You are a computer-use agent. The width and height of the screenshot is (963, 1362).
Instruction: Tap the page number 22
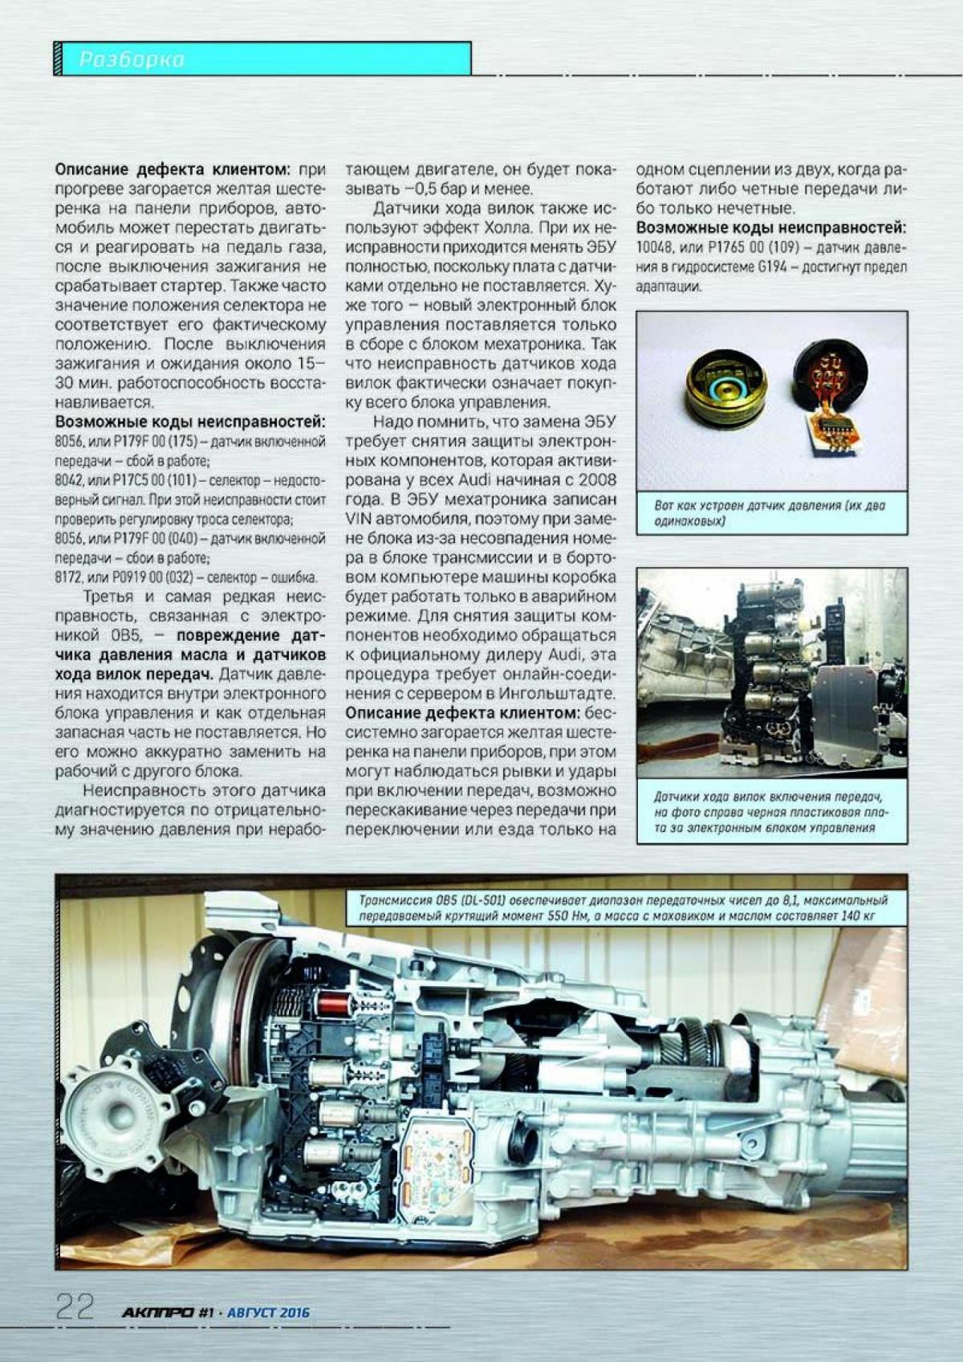(x=75, y=1307)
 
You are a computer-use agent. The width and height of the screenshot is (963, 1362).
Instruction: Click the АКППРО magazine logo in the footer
(x=157, y=1312)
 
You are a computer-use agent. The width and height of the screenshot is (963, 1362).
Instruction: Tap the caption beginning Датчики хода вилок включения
(x=769, y=811)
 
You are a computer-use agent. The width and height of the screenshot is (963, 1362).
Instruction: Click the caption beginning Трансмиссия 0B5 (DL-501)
(x=622, y=907)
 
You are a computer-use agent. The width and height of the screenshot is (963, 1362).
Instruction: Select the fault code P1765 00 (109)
(x=735, y=248)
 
